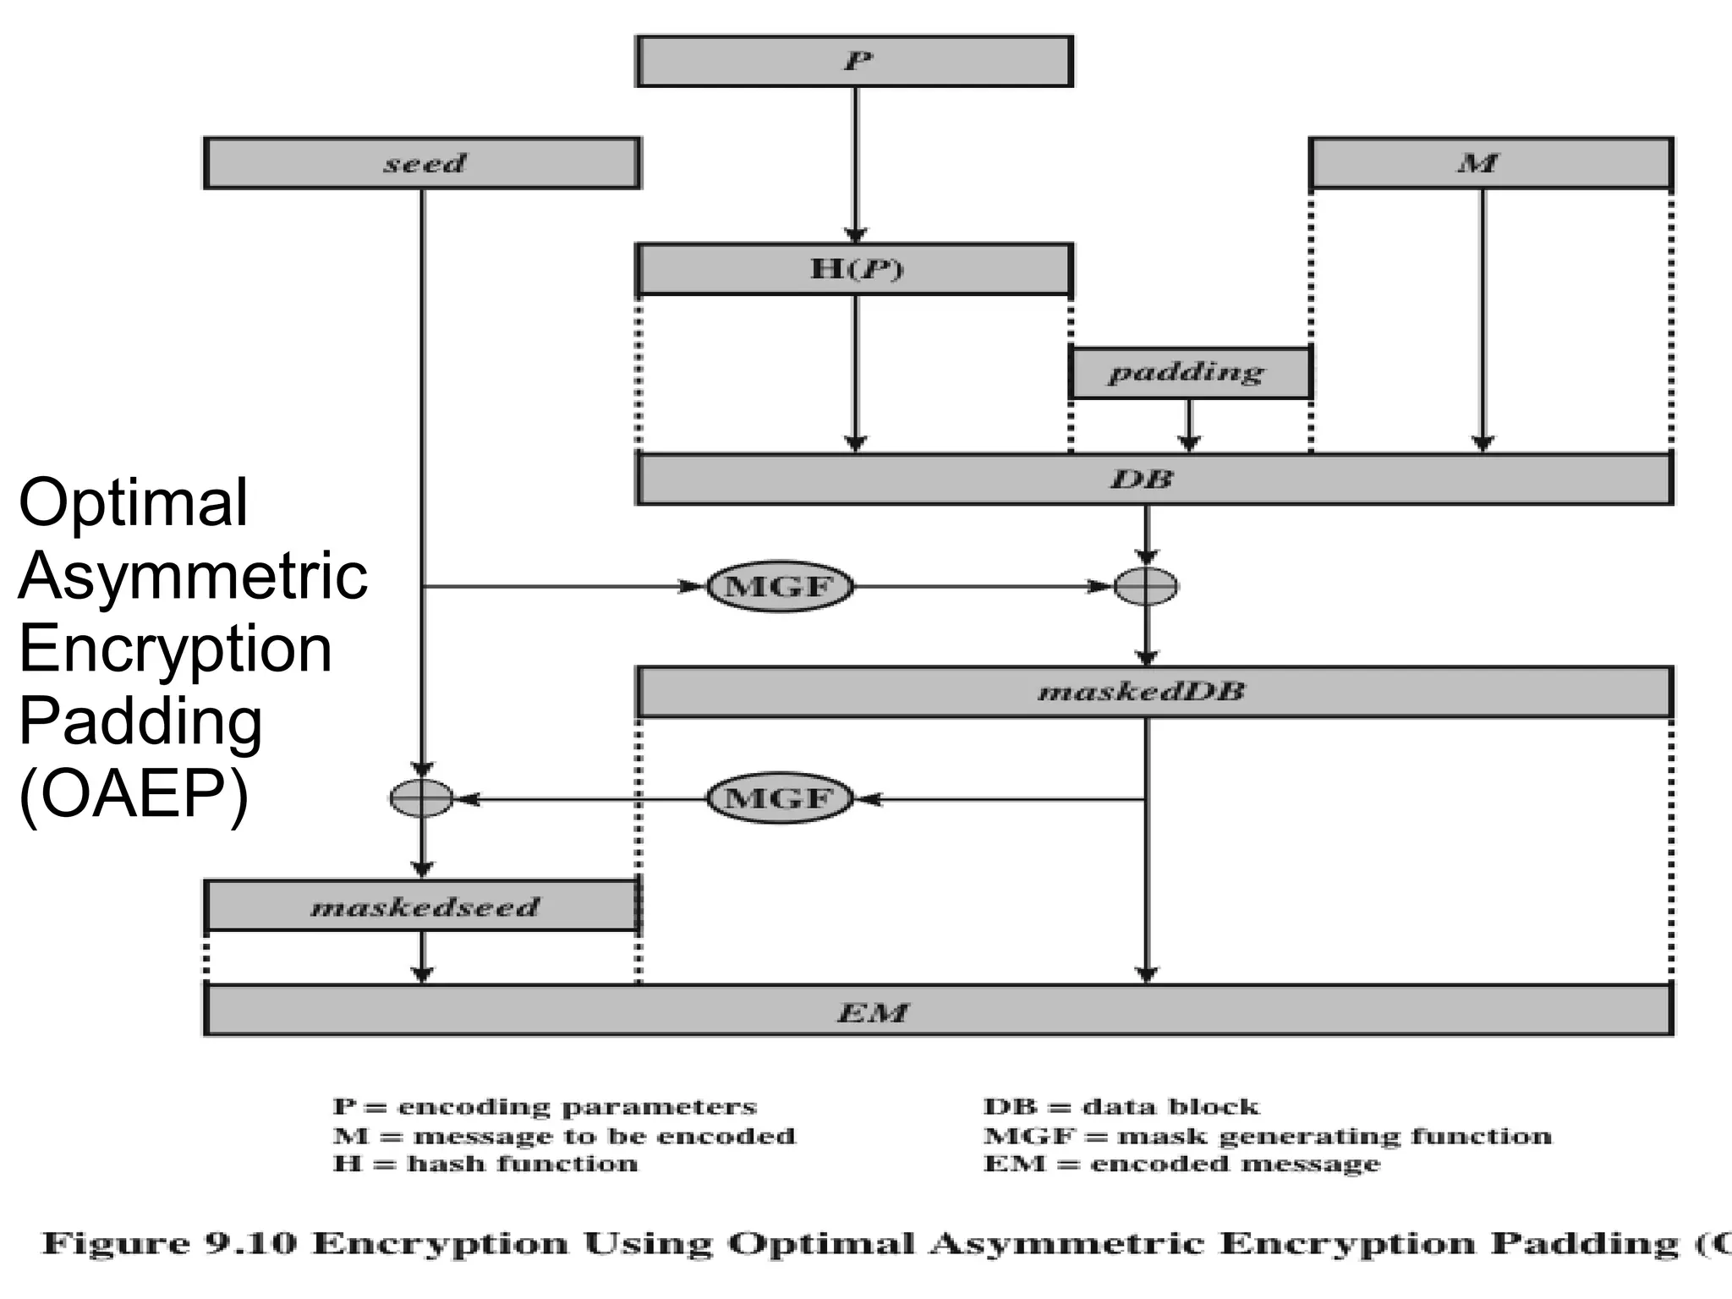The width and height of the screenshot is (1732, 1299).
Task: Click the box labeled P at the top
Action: click(x=854, y=61)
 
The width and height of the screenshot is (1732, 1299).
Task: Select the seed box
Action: click(x=422, y=162)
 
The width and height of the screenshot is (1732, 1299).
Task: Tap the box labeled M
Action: click(x=1491, y=162)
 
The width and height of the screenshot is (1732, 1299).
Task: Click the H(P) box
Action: click(x=854, y=269)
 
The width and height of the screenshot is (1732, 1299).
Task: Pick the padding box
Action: click(x=1189, y=372)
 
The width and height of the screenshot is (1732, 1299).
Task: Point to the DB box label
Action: click(x=1142, y=480)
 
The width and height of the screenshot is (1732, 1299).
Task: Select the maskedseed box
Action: click(x=422, y=907)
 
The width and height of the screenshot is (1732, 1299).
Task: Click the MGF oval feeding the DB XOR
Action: click(x=780, y=586)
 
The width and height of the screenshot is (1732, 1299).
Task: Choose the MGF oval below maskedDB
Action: click(x=780, y=798)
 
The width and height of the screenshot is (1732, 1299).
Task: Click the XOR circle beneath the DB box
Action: click(x=1146, y=586)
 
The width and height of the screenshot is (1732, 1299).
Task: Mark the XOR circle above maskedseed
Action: click(x=422, y=798)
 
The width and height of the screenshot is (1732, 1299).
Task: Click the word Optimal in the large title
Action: click(x=134, y=502)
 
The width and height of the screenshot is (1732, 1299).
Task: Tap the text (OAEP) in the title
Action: click(x=134, y=795)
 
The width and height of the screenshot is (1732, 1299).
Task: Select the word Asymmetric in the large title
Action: click(x=193, y=576)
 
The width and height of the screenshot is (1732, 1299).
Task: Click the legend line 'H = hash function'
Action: click(x=485, y=1164)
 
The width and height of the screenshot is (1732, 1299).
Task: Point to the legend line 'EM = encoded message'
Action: click(x=1181, y=1164)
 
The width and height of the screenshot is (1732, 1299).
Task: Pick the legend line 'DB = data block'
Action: click(x=1121, y=1106)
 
